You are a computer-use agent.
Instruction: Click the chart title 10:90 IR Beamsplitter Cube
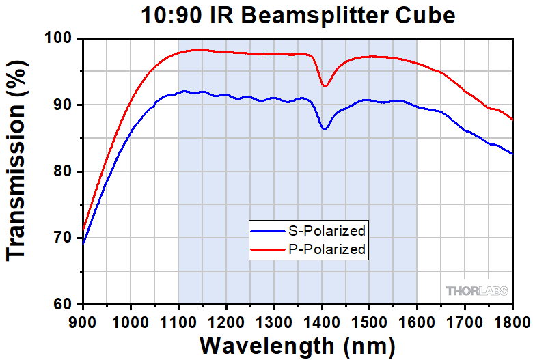tap(298, 16)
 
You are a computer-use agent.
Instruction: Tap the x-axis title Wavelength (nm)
tap(297, 343)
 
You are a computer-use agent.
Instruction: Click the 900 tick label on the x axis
tap(83, 318)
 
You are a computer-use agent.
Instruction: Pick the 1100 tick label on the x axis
tap(178, 318)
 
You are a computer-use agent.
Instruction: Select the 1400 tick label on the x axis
tap(322, 318)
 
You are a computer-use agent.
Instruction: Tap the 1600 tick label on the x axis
tap(417, 318)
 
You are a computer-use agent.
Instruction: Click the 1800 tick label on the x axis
tap(512, 318)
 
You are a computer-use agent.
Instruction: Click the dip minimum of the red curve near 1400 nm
tap(325, 87)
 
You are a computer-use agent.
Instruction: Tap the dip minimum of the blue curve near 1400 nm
tap(325, 130)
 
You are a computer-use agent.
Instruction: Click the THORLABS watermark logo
tap(478, 291)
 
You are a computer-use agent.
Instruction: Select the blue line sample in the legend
tap(266, 230)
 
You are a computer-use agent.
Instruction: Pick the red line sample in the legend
tap(266, 250)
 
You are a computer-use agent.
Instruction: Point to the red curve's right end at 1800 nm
tap(512, 119)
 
